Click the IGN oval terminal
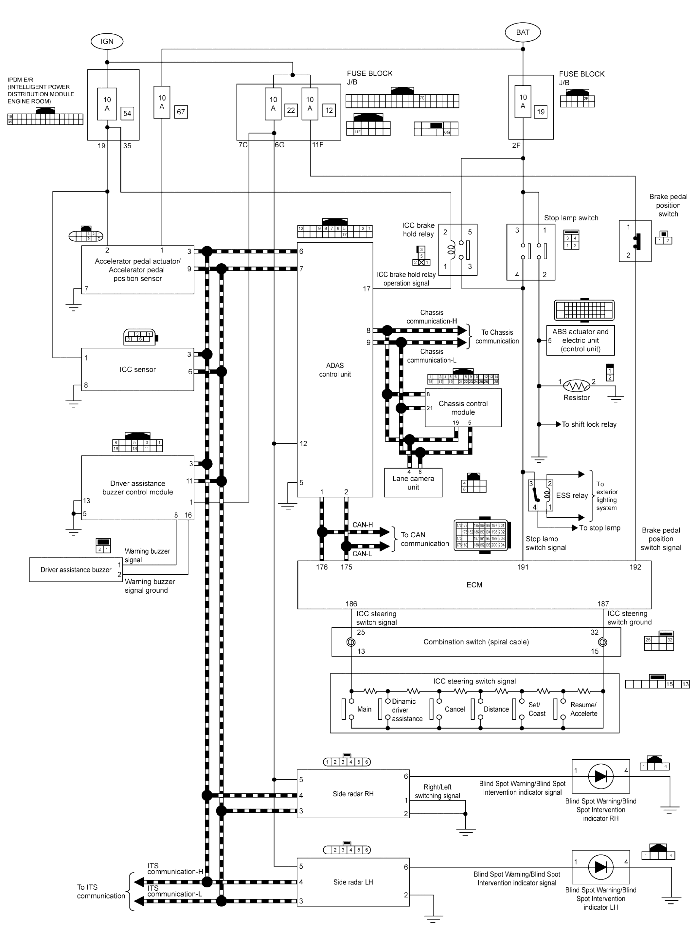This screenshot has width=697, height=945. (x=107, y=41)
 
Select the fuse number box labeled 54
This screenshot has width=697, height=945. (x=127, y=113)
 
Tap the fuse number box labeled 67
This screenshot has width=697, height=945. (x=181, y=112)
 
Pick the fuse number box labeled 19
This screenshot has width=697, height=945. (x=541, y=112)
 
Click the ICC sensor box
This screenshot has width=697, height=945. (x=137, y=369)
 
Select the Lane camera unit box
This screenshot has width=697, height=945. (x=413, y=482)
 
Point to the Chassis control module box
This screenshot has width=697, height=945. (x=463, y=408)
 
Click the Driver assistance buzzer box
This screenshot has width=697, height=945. (x=76, y=570)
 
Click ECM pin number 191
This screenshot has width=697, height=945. (x=523, y=567)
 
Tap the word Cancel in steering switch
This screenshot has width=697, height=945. (x=455, y=709)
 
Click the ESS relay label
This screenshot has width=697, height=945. (x=572, y=495)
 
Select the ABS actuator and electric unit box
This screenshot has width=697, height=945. (x=580, y=340)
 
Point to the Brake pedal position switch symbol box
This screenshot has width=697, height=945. (x=634, y=241)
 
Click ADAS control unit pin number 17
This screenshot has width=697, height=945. (x=366, y=289)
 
